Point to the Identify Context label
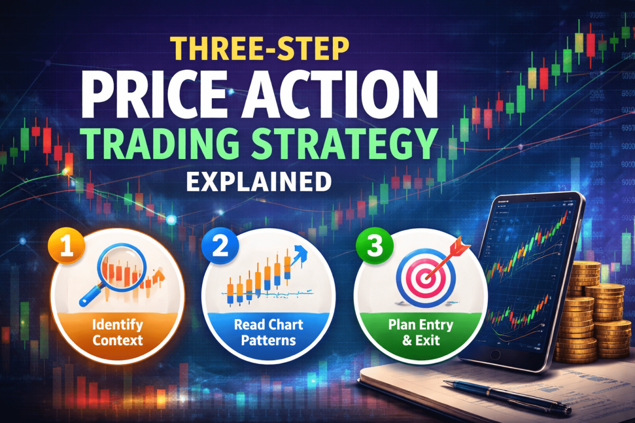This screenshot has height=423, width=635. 117,332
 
